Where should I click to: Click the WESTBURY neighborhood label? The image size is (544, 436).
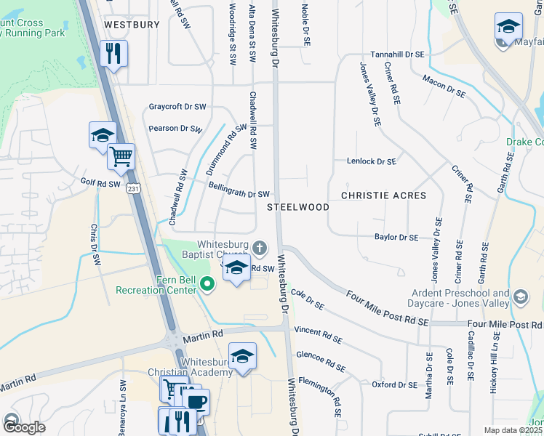pyautogui.click(x=132, y=25)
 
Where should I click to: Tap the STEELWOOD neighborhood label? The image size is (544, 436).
pyautogui.click(x=298, y=207)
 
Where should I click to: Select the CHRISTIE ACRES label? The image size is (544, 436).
pyautogui.click(x=383, y=196)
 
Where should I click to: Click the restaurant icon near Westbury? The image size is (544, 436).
pyautogui.click(x=113, y=53)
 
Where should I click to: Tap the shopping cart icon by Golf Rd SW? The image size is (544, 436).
pyautogui.click(x=121, y=156)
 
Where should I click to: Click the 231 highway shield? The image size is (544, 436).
pyautogui.click(x=132, y=188)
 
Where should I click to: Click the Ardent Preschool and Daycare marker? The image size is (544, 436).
pyautogui.click(x=520, y=296)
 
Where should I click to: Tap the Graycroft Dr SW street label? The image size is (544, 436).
pyautogui.click(x=177, y=107)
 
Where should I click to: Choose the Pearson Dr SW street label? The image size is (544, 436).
pyautogui.click(x=175, y=129)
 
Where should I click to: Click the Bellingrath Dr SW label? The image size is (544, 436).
pyautogui.click(x=239, y=194)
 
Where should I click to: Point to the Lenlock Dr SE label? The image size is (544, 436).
pyautogui.click(x=372, y=161)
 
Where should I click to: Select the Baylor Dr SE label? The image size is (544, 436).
pyautogui.click(x=396, y=238)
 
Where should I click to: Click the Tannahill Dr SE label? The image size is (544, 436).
pyautogui.click(x=397, y=54)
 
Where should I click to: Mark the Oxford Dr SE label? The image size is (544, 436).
pyautogui.click(x=395, y=384)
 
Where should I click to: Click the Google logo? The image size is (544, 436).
pyautogui.click(x=24, y=427)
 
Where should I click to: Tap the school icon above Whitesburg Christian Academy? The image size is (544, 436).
pyautogui.click(x=242, y=356)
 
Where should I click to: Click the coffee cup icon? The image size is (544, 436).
pyautogui.click(x=197, y=401)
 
